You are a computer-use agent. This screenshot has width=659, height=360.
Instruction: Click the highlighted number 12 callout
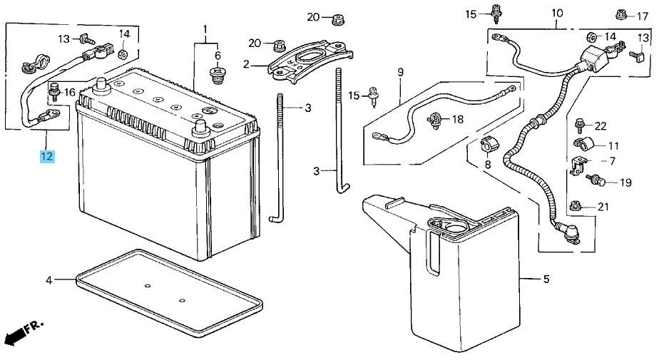click(x=46, y=155)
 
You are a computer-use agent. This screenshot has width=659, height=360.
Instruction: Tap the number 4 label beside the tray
click(x=49, y=280)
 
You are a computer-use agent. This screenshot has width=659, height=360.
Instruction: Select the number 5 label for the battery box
click(x=546, y=279)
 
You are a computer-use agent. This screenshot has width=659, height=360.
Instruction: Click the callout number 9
click(x=400, y=72)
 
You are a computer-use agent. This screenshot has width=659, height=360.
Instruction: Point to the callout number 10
click(x=557, y=14)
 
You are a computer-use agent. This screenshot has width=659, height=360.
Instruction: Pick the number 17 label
click(x=643, y=14)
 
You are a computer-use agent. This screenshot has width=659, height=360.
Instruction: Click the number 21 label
click(x=603, y=207)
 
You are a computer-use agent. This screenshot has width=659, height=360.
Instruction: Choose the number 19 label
click(x=625, y=182)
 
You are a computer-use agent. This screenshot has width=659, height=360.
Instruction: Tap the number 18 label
click(x=456, y=119)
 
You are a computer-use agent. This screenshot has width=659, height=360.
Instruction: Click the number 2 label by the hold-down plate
click(x=245, y=64)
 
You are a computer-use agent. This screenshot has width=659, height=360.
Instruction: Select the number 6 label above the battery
click(x=218, y=56)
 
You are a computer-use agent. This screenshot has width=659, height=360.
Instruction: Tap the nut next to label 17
click(x=621, y=14)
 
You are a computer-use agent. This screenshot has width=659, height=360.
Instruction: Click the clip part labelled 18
click(x=434, y=120)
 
